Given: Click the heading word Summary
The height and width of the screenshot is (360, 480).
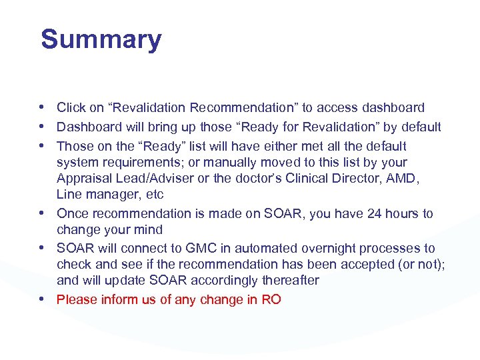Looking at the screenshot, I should (101, 39).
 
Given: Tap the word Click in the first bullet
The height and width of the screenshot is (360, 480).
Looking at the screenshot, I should (70, 108).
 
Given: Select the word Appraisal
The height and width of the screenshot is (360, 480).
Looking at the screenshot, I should (84, 179).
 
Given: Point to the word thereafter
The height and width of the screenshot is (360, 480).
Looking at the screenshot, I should (291, 281).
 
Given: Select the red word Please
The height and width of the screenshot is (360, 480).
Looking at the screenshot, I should (77, 300).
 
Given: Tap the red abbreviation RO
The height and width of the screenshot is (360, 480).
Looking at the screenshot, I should (271, 300).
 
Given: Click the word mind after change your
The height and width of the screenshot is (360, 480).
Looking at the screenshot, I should (148, 230).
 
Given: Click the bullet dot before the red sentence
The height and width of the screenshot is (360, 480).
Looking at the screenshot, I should (43, 299).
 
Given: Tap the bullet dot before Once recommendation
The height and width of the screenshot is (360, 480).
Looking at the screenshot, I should (43, 213).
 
